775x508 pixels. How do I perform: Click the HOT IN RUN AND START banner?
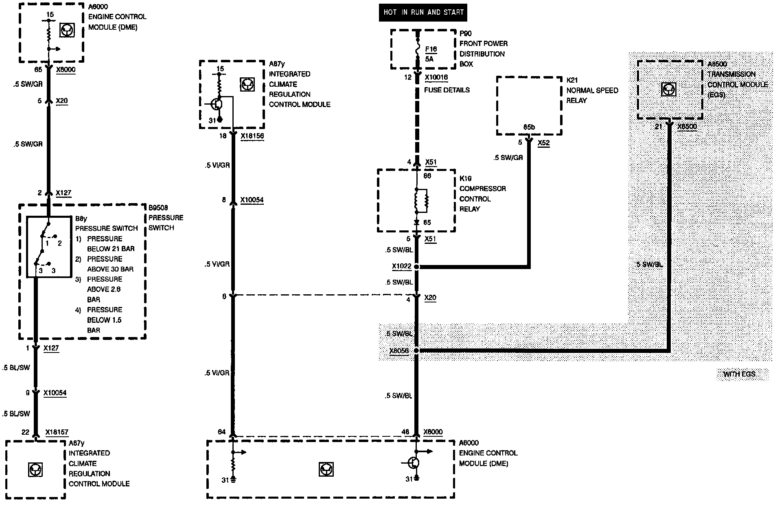coord(423,12)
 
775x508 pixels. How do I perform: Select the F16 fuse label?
coord(431,49)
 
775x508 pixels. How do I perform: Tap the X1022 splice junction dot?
coord(416,267)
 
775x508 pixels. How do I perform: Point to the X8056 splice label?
coord(399,351)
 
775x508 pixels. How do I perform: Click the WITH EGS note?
coord(739,374)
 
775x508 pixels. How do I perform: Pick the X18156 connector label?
coord(252,136)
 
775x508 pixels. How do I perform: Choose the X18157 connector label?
coord(57,432)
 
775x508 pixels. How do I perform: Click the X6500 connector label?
coord(687,127)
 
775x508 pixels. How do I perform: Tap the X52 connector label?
coord(543,143)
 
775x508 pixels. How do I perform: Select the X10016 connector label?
coord(436,77)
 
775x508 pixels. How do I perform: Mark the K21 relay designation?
coord(572,80)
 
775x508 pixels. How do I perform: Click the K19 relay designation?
coord(465,178)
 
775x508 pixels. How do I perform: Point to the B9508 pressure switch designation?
coord(158,208)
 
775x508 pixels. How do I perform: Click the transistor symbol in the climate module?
coord(218,104)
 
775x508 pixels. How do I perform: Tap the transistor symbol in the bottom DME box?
coord(414,463)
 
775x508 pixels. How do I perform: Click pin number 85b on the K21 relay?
coord(529,127)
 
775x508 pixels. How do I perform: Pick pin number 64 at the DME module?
coord(222,432)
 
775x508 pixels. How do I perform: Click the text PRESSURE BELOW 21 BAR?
coord(111,244)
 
